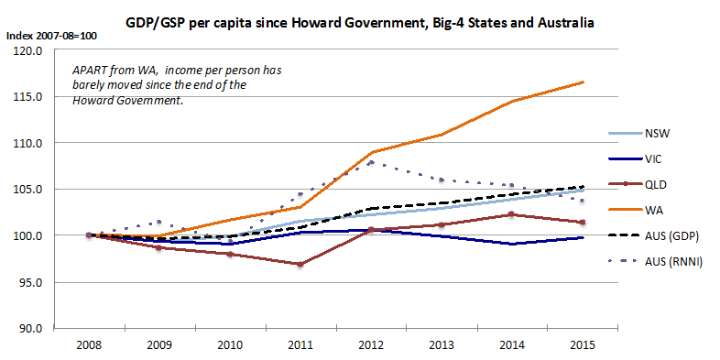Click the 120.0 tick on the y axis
tap(30, 50)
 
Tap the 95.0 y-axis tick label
tap(32, 282)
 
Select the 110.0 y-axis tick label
tap(30, 143)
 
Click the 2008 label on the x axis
tap(89, 344)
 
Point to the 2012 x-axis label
tap(371, 344)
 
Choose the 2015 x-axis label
tap(583, 344)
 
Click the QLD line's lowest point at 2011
tap(300, 265)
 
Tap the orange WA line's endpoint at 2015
tap(584, 82)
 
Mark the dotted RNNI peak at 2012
tap(372, 162)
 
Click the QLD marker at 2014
tap(512, 214)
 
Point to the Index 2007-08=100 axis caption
tap(50, 37)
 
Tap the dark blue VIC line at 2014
tap(512, 244)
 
